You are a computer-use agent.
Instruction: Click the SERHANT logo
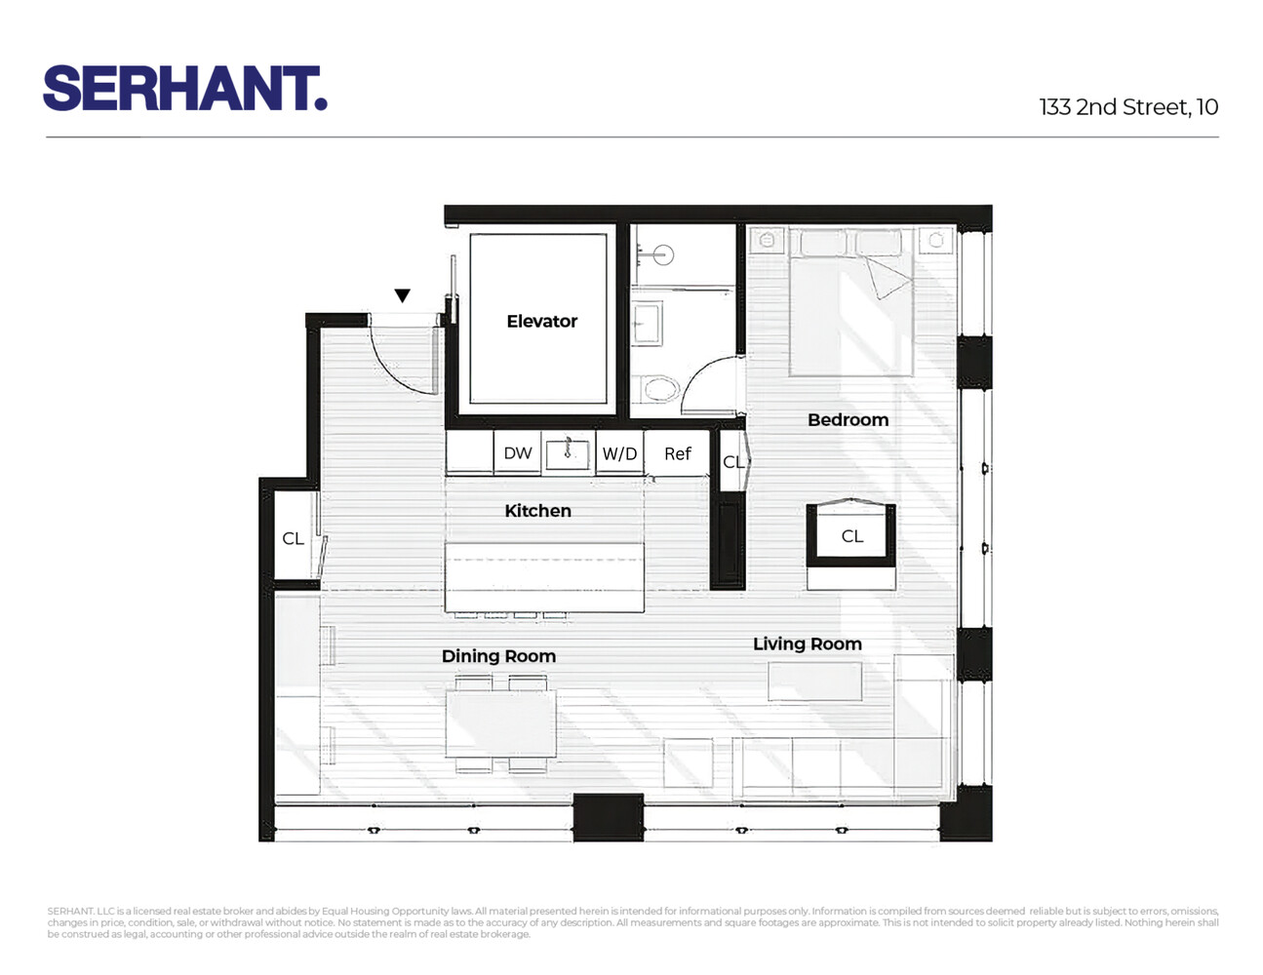pos(184,89)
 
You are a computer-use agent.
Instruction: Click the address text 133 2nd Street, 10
pos(1128,107)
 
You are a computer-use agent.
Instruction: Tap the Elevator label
pos(541,321)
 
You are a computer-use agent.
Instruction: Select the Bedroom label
pos(848,420)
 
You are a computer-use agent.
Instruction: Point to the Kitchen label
pos(537,511)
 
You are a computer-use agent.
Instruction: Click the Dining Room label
pos(498,656)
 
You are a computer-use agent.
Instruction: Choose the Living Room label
pos(807,643)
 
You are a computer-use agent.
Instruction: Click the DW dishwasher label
pos(518,453)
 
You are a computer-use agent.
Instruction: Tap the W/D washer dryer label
pos(619,454)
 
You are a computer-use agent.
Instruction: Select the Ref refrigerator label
pos(677,454)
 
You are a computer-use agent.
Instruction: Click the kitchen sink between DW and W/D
pos(568,453)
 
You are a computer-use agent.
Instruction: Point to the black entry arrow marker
pos(402,295)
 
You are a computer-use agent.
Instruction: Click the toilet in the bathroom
pos(660,390)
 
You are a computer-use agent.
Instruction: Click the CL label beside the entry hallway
pos(293,538)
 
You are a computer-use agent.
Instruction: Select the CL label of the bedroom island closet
pos(851,536)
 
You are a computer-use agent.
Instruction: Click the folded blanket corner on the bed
pos(888,277)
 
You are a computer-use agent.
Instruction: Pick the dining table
pos(500,722)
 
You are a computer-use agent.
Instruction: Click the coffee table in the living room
pos(814,682)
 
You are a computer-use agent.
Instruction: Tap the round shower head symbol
pos(663,256)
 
